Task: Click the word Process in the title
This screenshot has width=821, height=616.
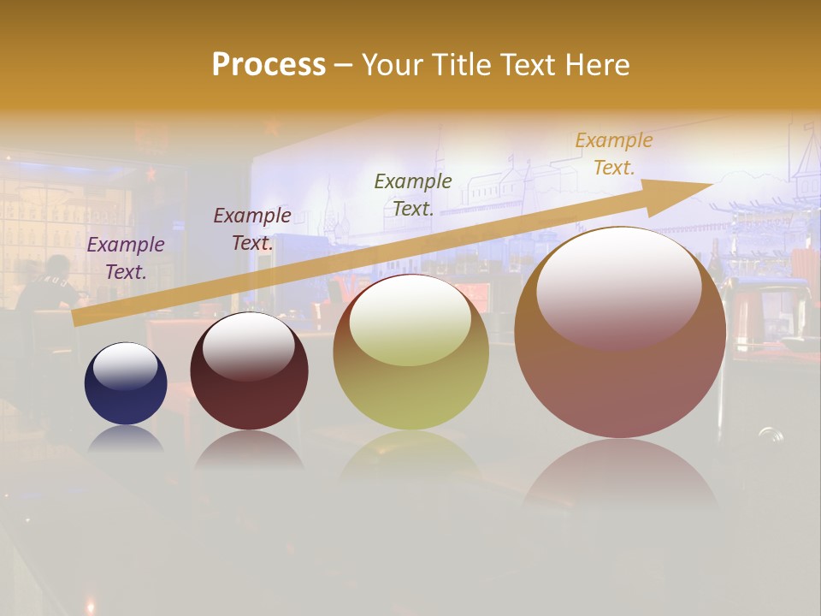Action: (269, 65)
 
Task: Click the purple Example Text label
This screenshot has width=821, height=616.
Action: (126, 258)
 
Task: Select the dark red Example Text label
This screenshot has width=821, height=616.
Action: (252, 229)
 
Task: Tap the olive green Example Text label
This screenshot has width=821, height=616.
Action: (413, 194)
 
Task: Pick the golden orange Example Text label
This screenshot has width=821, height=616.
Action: (613, 154)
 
